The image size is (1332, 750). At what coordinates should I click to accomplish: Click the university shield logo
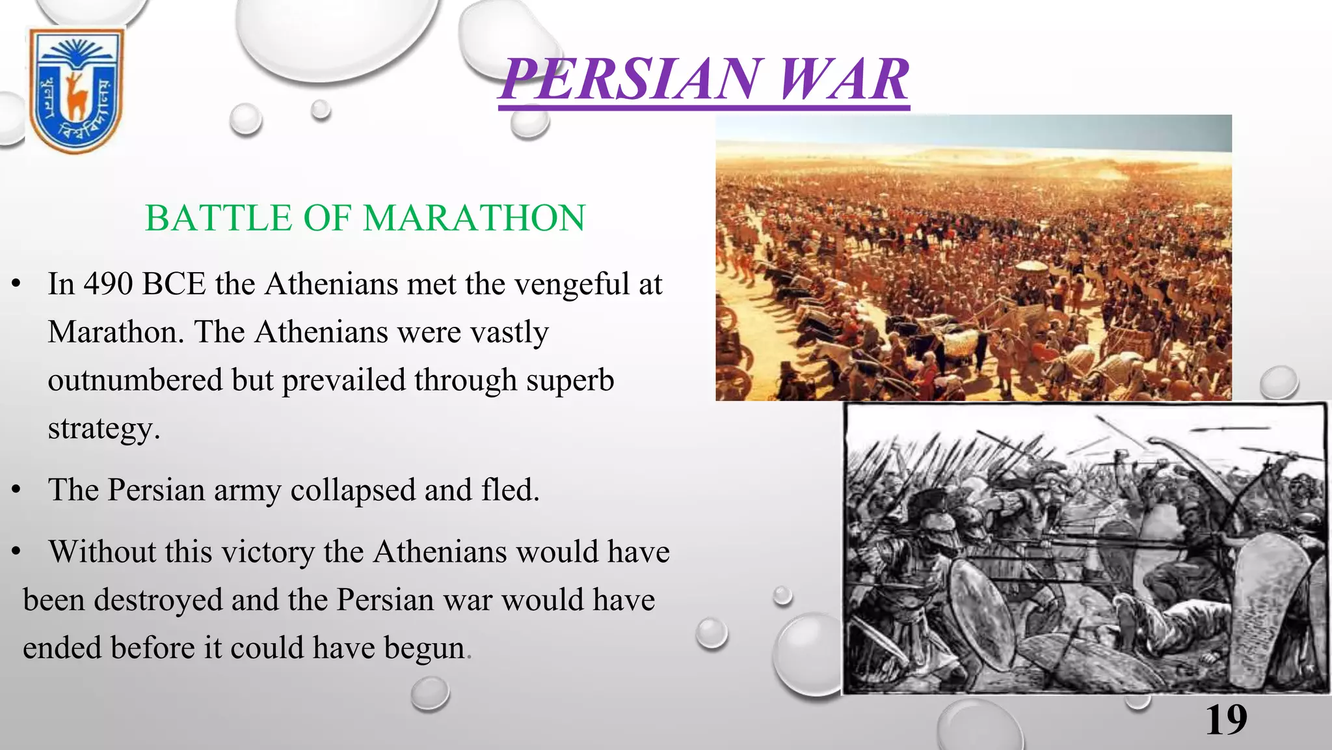(x=76, y=90)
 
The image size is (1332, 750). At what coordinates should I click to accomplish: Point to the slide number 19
(x=1226, y=720)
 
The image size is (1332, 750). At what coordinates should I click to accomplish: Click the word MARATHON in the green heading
(x=474, y=218)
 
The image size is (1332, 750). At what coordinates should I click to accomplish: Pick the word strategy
(x=103, y=428)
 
